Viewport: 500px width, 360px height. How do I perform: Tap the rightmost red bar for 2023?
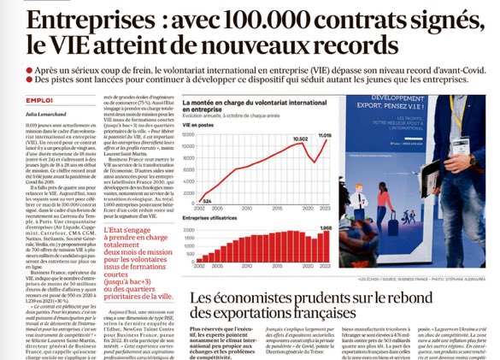tap(325, 247)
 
